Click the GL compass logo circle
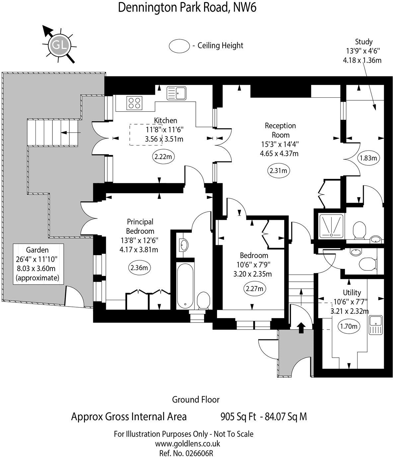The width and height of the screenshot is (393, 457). (60, 45)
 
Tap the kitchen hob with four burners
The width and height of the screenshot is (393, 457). (134, 103)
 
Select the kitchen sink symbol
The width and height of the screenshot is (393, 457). (176, 93)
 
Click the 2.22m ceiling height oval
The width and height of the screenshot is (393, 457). (163, 156)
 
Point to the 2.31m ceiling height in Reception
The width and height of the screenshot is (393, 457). (278, 170)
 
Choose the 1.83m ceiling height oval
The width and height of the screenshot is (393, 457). (368, 158)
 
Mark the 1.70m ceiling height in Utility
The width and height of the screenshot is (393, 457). (349, 326)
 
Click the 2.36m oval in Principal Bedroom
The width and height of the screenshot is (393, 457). (139, 267)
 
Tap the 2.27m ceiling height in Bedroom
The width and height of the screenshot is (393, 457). (255, 289)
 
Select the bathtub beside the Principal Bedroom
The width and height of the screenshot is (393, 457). (185, 285)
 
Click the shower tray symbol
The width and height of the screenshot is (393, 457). (331, 226)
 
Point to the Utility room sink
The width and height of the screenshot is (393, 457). (375, 325)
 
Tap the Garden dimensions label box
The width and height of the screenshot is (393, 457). (38, 264)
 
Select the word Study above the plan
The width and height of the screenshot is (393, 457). (363, 42)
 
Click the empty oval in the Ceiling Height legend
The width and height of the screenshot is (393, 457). (179, 46)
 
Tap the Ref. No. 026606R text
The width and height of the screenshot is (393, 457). (186, 453)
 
